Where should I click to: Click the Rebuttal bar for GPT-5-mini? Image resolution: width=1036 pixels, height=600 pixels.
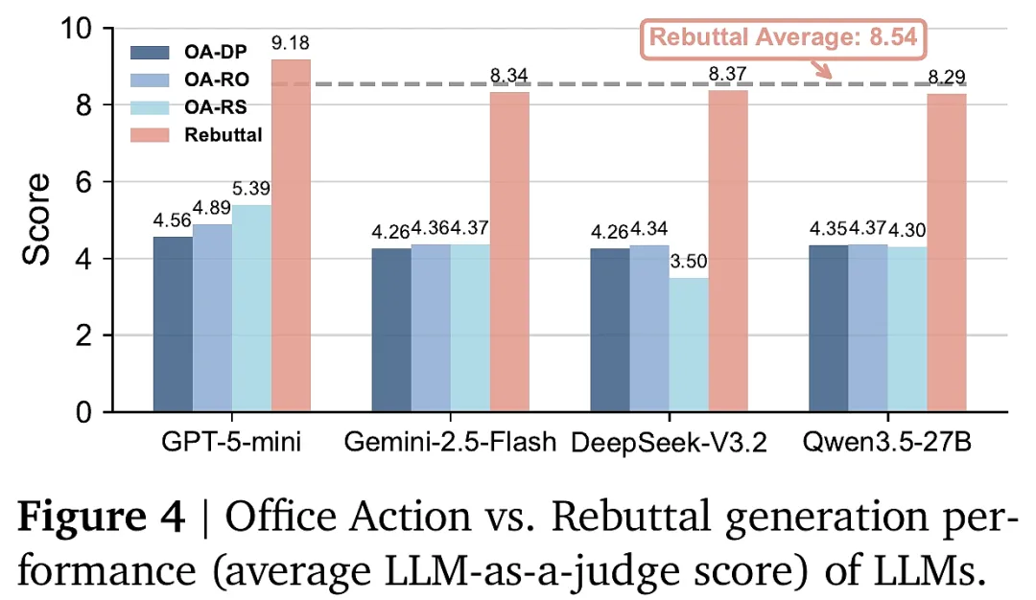pyautogui.click(x=291, y=236)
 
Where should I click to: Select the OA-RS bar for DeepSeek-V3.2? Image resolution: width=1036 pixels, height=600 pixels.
pyautogui.click(x=689, y=344)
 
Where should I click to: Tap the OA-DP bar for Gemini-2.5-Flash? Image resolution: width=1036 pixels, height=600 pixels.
pyautogui.click(x=391, y=330)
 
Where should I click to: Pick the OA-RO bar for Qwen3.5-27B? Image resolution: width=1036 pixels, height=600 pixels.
pyautogui.click(x=867, y=328)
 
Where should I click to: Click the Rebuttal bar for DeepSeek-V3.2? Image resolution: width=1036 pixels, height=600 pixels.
pyautogui.click(x=728, y=251)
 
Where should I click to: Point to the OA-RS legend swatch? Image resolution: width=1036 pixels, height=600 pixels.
pyautogui.click(x=150, y=107)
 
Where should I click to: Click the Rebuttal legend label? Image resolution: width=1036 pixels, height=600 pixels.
pyautogui.click(x=224, y=134)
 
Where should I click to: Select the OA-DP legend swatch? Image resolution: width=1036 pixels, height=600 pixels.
pyautogui.click(x=150, y=52)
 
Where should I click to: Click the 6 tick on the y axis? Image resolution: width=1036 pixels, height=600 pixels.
pyautogui.click(x=83, y=182)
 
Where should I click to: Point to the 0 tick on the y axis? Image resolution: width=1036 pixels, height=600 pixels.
pyautogui.click(x=83, y=412)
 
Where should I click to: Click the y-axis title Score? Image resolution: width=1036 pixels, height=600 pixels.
pyautogui.click(x=35, y=219)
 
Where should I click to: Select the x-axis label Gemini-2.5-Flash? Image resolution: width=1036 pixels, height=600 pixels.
pyautogui.click(x=450, y=442)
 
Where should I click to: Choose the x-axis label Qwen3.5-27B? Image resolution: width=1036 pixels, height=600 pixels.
pyautogui.click(x=887, y=442)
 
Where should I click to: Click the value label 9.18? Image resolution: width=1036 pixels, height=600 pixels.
pyautogui.click(x=290, y=43)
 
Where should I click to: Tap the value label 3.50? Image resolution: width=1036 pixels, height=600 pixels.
pyautogui.click(x=689, y=262)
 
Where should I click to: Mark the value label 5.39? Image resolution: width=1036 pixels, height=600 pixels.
pyautogui.click(x=251, y=189)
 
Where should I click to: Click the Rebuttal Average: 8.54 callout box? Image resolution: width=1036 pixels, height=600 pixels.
pyautogui.click(x=783, y=37)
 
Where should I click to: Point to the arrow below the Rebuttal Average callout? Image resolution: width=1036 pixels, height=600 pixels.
pyautogui.click(x=820, y=69)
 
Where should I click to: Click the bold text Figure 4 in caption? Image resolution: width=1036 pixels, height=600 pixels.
pyautogui.click(x=101, y=517)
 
